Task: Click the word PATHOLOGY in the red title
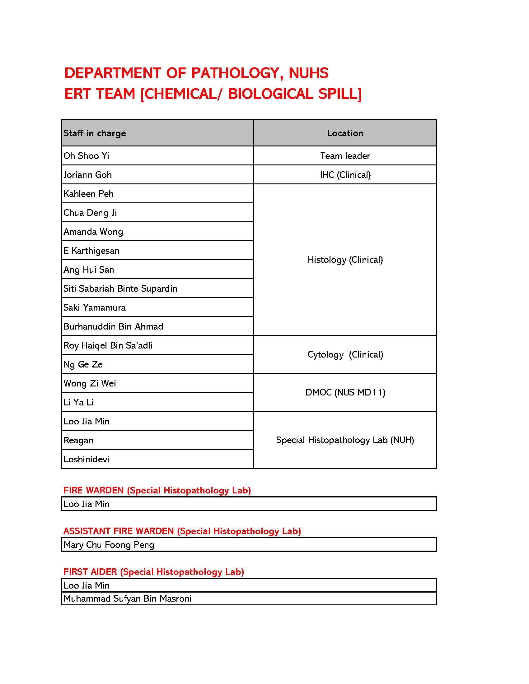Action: coord(235,73)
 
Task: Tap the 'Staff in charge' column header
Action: coord(95,133)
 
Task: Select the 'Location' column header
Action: coord(345,133)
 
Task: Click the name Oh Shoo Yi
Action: coord(86,156)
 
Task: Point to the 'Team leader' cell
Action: coord(345,156)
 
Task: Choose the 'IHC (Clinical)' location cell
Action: coord(345,175)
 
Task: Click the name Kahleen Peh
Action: coord(88,194)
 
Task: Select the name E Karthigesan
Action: coord(91,251)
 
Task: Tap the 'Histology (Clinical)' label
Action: coord(345,260)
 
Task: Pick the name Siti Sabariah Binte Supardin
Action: coord(120,289)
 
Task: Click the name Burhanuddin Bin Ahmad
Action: coord(113,326)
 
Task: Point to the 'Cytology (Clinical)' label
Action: coord(345,354)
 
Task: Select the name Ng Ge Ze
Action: coord(83,364)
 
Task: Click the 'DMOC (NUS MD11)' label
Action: coord(345,392)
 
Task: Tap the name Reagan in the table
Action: coord(78,440)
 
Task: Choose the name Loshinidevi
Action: coord(86,459)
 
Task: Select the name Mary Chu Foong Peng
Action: coord(109,545)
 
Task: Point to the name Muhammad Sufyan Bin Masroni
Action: coord(127,598)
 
